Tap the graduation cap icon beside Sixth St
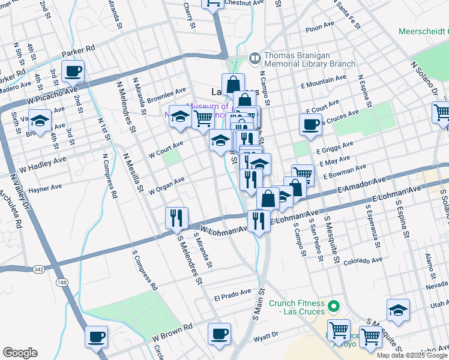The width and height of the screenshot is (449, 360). click(x=40, y=121)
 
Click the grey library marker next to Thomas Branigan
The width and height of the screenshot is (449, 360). click(x=255, y=58)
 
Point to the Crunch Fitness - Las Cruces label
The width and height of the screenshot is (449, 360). click(x=297, y=307)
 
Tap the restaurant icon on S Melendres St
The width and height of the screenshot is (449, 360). click(x=177, y=218)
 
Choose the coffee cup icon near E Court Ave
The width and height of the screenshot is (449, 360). click(x=310, y=125)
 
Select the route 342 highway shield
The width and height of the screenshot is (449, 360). click(x=39, y=269)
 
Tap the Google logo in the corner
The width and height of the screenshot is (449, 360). click(x=20, y=353)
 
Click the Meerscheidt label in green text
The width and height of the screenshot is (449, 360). click(x=423, y=31)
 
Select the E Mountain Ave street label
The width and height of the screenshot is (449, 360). click(x=324, y=79)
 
